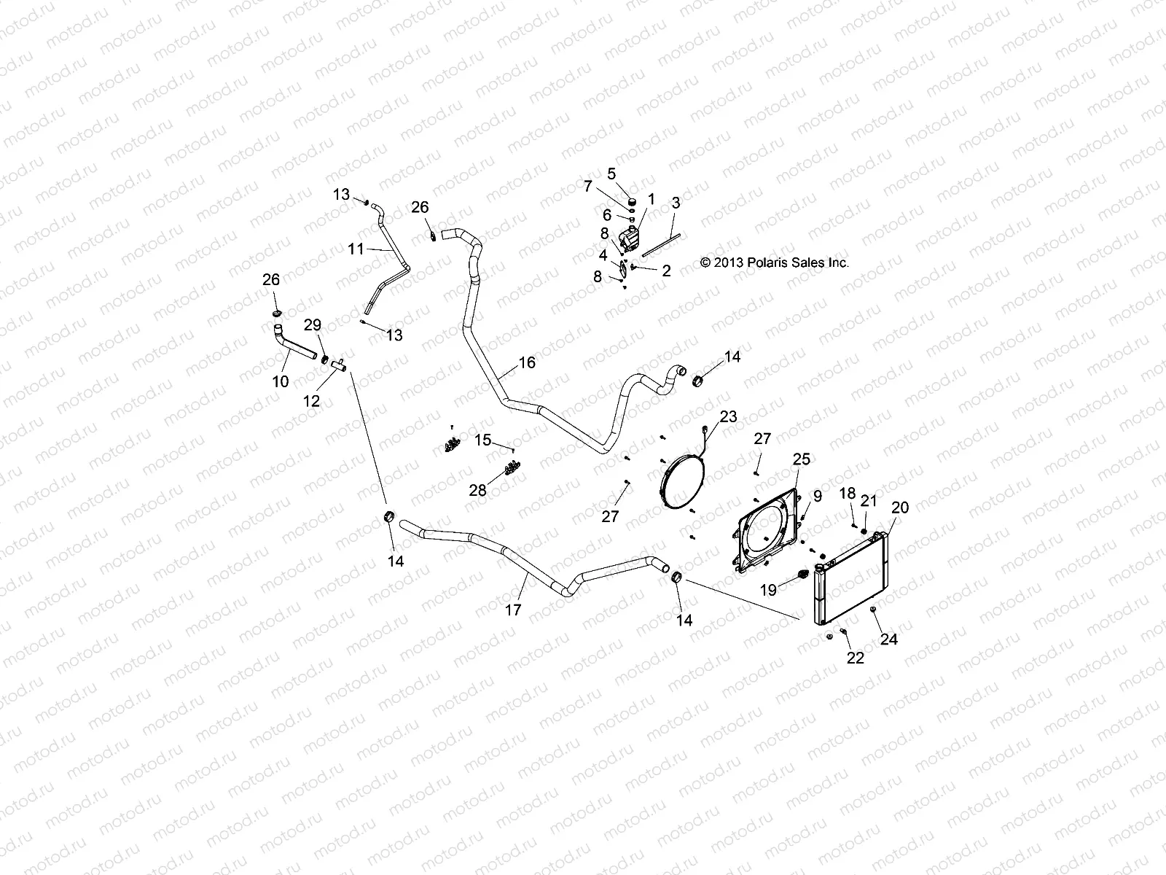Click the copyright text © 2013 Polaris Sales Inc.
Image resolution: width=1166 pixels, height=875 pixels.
(774, 263)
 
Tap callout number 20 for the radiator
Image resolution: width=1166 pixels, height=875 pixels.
(900, 507)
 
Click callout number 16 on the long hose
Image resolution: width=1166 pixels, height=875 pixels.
(527, 362)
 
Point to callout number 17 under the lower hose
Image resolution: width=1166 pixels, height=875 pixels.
(513, 610)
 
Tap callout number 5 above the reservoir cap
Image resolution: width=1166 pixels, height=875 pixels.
(611, 174)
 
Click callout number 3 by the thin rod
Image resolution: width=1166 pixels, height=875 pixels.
(676, 203)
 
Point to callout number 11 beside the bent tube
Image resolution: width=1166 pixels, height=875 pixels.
(356, 249)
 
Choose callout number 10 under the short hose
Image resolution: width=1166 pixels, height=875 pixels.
(281, 381)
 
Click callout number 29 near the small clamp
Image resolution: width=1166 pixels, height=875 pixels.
(312, 324)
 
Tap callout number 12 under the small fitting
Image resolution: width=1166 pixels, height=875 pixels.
(312, 401)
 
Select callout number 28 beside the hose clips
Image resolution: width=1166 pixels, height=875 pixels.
(477, 491)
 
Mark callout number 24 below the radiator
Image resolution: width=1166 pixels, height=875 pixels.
(889, 639)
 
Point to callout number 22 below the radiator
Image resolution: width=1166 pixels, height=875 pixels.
(855, 658)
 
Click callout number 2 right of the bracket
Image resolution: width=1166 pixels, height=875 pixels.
(665, 271)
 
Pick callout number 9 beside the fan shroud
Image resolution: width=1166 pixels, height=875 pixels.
(818, 496)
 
